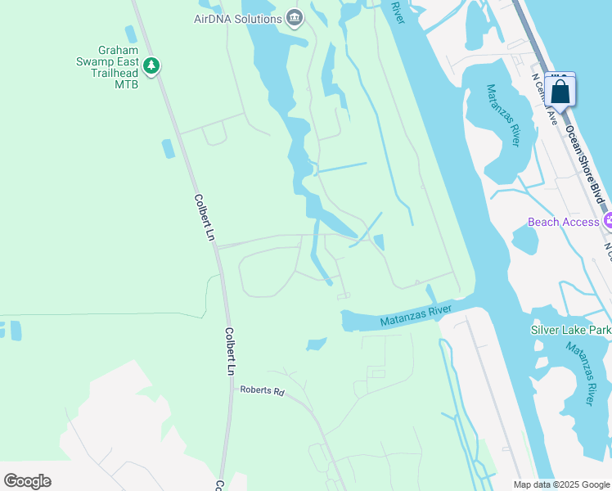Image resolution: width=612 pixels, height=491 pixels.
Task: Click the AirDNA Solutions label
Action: point(237,18)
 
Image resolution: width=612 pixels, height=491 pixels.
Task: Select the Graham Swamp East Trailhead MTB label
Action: point(107,66)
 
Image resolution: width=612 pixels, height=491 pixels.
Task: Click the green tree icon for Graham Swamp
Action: point(151,65)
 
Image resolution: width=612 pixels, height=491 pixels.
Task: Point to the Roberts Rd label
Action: point(262,391)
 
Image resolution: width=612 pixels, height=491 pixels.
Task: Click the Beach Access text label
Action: point(564,222)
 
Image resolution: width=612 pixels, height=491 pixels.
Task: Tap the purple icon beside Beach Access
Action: point(607,221)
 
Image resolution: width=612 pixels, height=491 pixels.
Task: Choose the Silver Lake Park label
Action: point(569,330)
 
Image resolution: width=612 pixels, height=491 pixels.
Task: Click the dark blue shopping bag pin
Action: point(560,92)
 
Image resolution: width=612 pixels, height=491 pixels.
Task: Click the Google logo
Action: point(27,481)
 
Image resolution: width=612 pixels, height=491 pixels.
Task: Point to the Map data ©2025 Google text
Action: point(560,484)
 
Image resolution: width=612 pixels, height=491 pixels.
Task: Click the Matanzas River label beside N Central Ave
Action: point(502,115)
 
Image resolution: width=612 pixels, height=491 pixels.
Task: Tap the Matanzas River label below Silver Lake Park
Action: point(581,372)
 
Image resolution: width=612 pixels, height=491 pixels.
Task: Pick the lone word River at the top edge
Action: point(398,11)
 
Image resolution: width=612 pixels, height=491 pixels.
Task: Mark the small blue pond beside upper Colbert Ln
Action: point(169,149)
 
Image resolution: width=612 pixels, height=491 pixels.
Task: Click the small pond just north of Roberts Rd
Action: point(317,345)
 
